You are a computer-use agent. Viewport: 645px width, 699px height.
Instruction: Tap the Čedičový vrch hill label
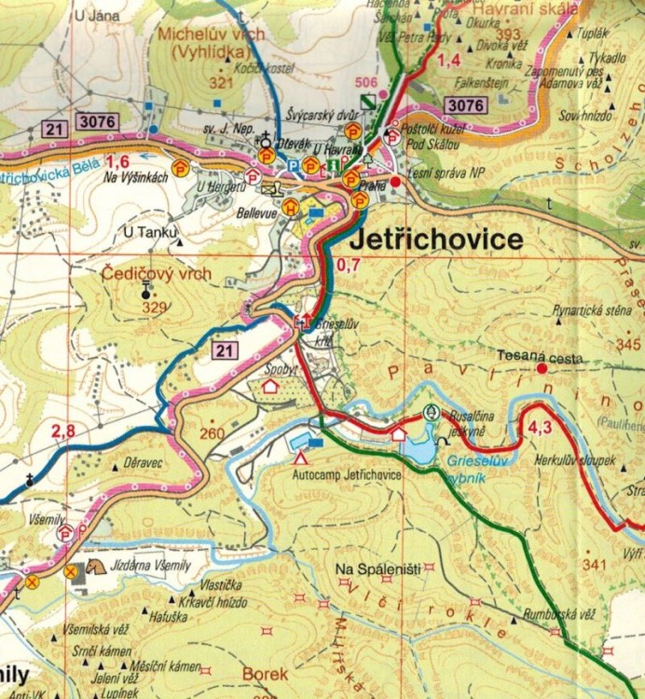coord(157,274)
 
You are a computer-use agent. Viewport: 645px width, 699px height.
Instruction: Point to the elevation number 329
coord(154,307)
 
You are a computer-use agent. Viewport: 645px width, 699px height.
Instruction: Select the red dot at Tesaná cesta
coord(542,369)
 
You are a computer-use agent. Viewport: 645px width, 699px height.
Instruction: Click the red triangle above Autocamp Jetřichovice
coord(300,459)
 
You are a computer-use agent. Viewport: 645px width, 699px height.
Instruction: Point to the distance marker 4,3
coord(541,429)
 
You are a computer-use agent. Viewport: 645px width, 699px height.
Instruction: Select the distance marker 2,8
coord(63,431)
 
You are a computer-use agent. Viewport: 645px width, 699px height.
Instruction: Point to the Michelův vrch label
coord(226,34)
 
